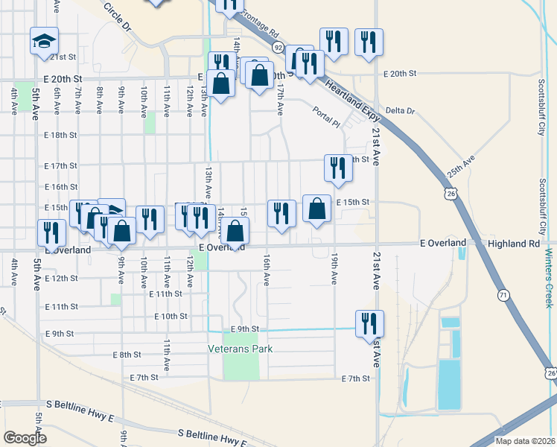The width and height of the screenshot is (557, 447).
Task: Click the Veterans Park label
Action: point(241,349)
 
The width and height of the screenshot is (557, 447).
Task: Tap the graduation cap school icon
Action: point(44,41)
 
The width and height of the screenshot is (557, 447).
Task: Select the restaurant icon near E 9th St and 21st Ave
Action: point(369,324)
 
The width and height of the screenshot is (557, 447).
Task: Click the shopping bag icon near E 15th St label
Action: point(317,209)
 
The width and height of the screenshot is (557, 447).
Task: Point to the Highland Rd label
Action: point(512,244)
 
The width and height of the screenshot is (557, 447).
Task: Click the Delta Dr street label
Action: point(400,111)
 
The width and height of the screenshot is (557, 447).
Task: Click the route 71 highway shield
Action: point(504,296)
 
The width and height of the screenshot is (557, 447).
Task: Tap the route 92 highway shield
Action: point(277,48)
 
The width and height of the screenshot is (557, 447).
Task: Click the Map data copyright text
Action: point(524,441)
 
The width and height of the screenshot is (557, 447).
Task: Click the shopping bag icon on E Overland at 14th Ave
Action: point(235,233)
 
